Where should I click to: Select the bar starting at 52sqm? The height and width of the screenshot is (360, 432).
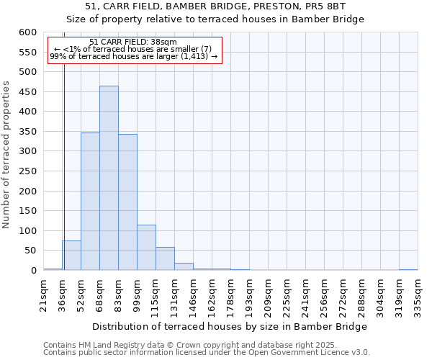[90, 202]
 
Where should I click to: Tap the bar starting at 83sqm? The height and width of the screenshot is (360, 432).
[127, 202]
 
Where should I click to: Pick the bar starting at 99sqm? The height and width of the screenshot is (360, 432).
[146, 248]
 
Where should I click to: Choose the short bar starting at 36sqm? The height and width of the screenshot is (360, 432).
[71, 256]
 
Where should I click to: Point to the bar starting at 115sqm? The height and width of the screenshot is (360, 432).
[165, 258]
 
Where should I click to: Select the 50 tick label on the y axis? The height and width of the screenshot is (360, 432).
[30, 251]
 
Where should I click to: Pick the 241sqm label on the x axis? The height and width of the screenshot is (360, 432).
[306, 294]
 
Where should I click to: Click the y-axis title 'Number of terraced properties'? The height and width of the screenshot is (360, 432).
[6, 155]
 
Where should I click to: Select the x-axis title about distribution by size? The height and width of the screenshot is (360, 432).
[230, 326]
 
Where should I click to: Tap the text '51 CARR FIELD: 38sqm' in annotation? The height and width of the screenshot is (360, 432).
[133, 42]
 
